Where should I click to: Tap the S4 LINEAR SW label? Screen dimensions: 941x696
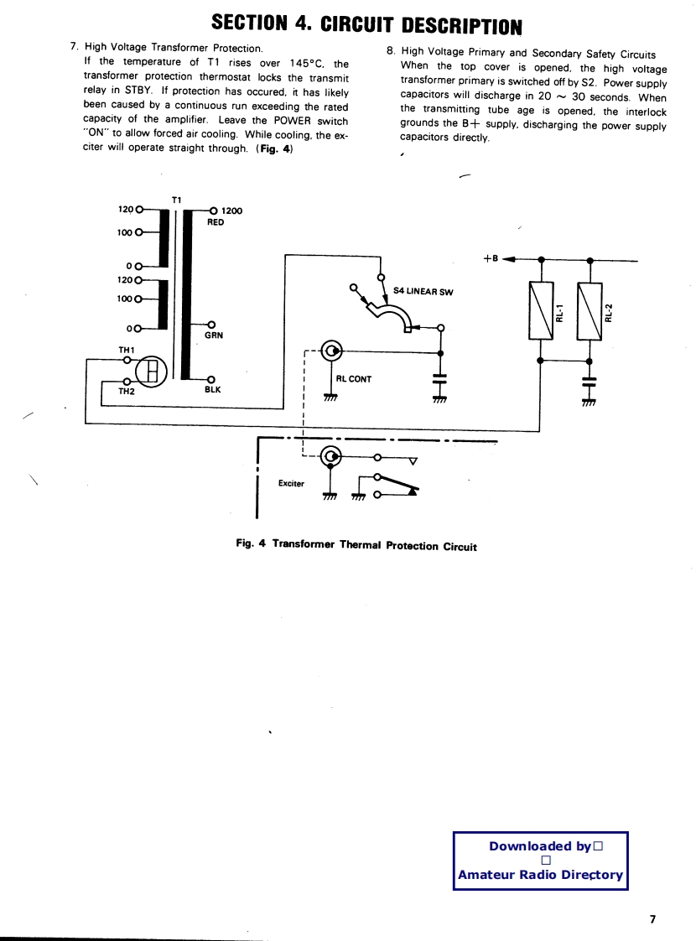(423, 292)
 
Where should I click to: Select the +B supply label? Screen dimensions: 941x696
(491, 258)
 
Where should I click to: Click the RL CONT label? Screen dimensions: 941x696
(353, 379)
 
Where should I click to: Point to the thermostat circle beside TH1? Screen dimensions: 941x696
(153, 370)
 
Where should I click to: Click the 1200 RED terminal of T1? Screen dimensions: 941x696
(213, 211)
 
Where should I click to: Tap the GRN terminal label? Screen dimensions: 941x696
(213, 335)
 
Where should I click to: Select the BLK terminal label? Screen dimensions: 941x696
(212, 389)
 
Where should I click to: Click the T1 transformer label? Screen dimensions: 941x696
(176, 200)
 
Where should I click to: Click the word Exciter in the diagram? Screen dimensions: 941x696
(291, 483)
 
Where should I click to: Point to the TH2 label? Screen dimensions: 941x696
(126, 391)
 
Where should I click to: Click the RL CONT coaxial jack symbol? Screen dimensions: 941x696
(332, 351)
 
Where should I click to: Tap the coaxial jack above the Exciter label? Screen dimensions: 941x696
(332, 457)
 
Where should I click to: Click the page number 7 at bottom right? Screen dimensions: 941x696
(653, 919)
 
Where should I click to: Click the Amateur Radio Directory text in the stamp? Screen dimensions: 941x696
(540, 875)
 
